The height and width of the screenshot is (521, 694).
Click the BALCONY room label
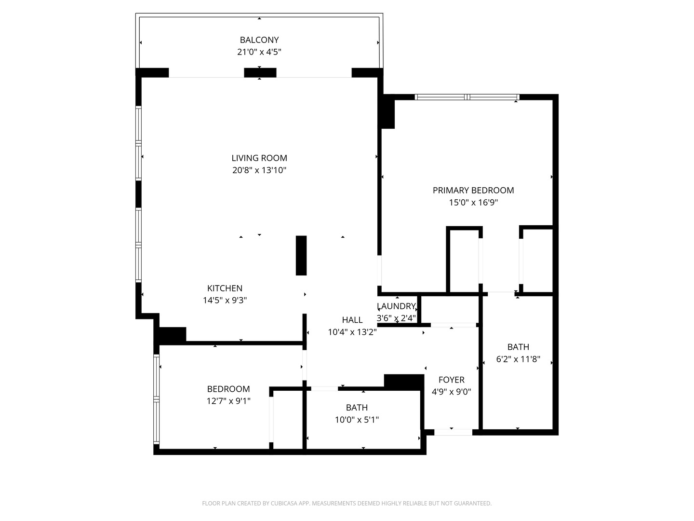[x=259, y=40]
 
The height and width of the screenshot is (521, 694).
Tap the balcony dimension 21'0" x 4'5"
[x=259, y=52]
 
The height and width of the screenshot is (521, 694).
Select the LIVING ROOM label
[x=259, y=158]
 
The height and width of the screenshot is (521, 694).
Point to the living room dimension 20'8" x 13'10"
[x=259, y=170]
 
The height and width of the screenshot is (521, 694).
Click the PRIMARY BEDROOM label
[x=473, y=190]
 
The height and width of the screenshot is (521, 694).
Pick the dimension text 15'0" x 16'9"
[x=473, y=203]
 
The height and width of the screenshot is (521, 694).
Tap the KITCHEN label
[x=225, y=288]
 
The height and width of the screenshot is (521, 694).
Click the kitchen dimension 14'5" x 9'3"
[x=225, y=300]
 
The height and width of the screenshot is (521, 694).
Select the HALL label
[x=352, y=320]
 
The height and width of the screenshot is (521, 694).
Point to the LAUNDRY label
[x=396, y=306]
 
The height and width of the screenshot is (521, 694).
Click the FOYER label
[x=452, y=380]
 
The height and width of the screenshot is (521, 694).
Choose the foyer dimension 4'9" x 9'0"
[x=452, y=392]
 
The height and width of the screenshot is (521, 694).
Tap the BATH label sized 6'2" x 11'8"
[x=518, y=347]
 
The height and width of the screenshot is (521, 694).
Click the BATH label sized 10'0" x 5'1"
[x=357, y=408]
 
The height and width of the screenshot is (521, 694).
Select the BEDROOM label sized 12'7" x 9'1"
[x=228, y=389]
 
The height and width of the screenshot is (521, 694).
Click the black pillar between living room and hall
[x=301, y=255]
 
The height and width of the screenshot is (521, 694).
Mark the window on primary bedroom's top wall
[x=467, y=97]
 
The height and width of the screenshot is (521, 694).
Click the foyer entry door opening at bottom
[x=453, y=432]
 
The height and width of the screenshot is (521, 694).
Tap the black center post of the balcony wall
[x=260, y=73]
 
